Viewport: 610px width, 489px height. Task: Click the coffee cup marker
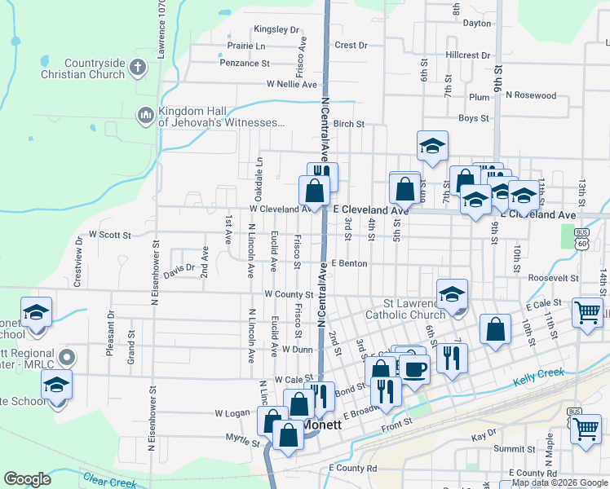pyautogui.click(x=414, y=368)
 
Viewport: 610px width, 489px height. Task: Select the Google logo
pyautogui.click(x=28, y=479)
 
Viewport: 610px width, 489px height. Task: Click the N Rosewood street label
pyautogui.click(x=531, y=95)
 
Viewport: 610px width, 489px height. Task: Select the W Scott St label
pyautogui.click(x=110, y=235)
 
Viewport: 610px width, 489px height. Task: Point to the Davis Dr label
pyautogui.click(x=179, y=267)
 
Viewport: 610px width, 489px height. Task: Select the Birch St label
pyautogui.click(x=348, y=124)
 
